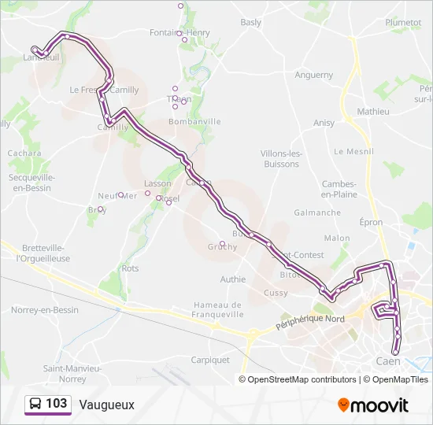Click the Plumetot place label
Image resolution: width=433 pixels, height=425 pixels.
403,23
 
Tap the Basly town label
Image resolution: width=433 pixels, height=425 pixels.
251,23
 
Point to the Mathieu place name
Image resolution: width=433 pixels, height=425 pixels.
373,112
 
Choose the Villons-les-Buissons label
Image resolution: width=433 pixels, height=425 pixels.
280,158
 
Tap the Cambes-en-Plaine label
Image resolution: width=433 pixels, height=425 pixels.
340,189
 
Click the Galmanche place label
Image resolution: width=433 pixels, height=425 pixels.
317,213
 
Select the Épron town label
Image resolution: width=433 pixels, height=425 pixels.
371,223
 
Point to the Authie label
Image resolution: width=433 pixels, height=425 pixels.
233,279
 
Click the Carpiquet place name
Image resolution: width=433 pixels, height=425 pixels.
210,360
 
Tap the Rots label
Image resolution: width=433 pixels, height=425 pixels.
131,268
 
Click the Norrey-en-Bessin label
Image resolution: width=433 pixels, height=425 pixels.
45,310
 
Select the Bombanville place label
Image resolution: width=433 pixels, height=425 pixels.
194,122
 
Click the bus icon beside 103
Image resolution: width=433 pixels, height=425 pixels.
35,404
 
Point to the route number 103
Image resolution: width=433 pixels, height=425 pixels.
57,404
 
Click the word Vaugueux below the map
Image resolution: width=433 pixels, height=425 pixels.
106,405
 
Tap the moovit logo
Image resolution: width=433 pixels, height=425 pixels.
373,405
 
